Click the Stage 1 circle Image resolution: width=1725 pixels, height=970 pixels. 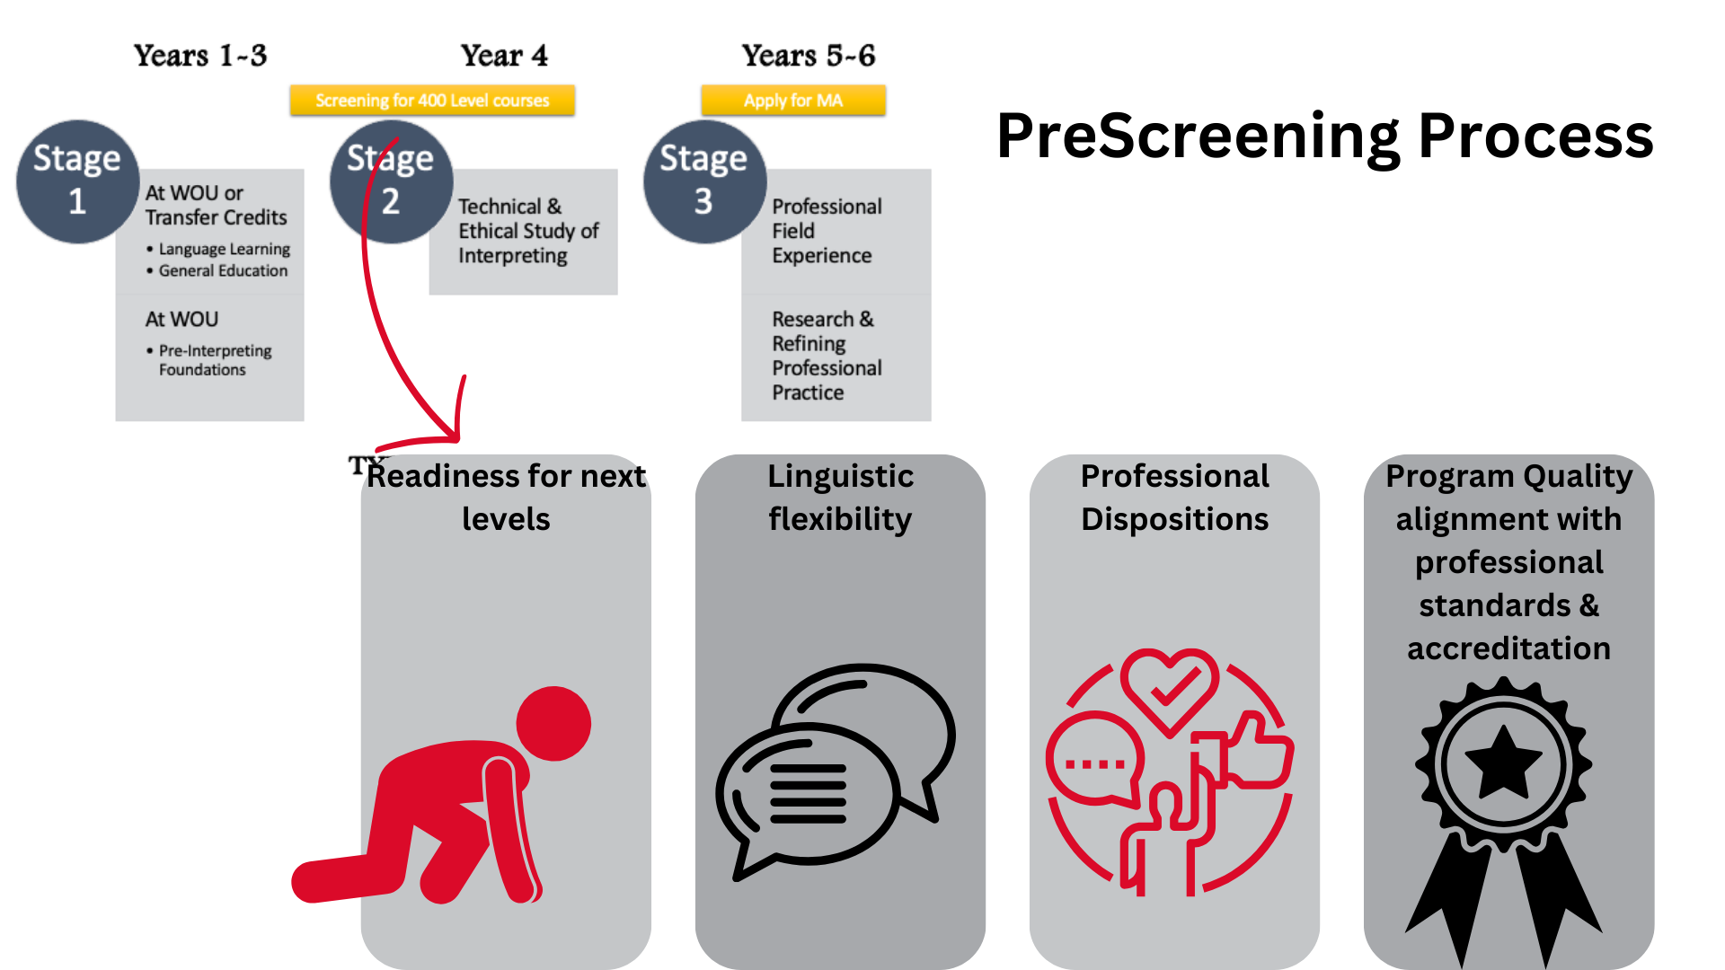(x=77, y=181)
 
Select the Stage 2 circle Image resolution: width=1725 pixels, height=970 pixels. (x=391, y=181)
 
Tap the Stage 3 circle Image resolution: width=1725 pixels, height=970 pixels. (x=704, y=181)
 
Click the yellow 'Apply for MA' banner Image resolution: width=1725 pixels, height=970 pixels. (x=793, y=101)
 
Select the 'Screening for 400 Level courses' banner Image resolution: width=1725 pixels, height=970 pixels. (x=432, y=101)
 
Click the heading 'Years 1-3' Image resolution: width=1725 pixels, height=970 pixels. (x=200, y=56)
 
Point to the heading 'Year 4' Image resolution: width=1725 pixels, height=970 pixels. (x=504, y=56)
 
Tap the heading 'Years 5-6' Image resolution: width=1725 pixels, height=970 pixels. (x=809, y=56)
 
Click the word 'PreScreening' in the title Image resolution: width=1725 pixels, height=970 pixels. (x=1198, y=137)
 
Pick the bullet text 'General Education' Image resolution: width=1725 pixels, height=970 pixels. (x=223, y=270)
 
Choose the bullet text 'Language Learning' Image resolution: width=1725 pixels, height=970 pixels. (x=225, y=249)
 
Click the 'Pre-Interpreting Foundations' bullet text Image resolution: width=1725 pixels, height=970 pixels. (x=215, y=359)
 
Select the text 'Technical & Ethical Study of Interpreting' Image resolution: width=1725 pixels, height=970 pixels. (x=528, y=231)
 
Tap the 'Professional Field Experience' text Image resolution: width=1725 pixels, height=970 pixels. (x=827, y=231)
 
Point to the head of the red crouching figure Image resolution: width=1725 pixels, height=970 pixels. (x=553, y=724)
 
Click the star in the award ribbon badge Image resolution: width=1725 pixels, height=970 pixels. (x=1503, y=763)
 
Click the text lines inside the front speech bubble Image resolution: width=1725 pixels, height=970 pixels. (x=809, y=794)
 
